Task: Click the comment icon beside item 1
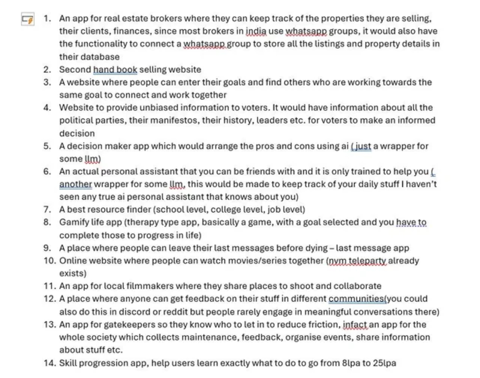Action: pyautogui.click(x=27, y=19)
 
